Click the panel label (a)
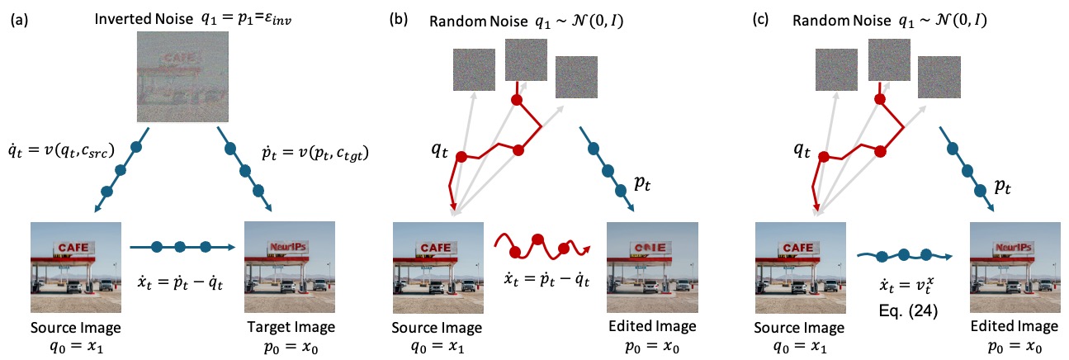tap(17, 20)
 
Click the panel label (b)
tap(400, 20)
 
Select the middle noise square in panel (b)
tap(527, 59)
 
